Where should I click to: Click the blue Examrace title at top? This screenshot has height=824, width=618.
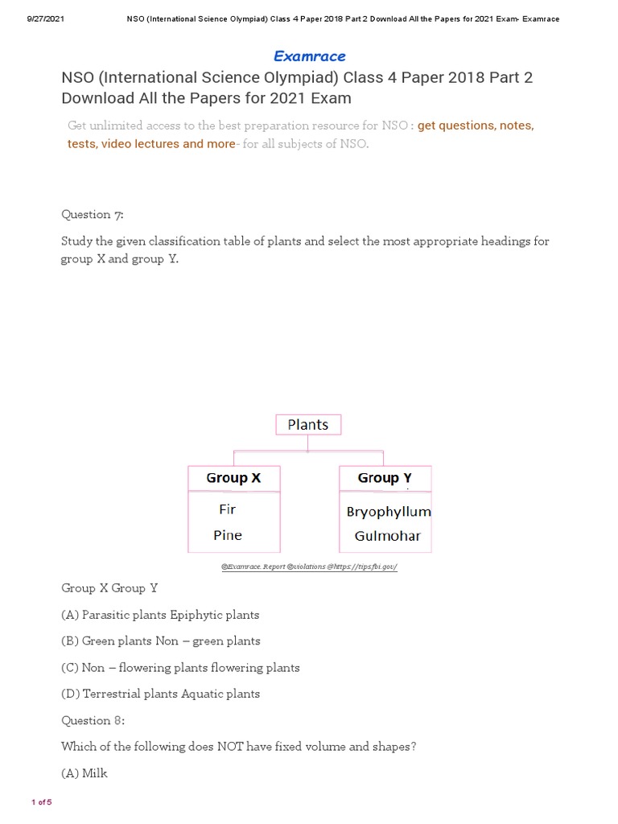[310, 56]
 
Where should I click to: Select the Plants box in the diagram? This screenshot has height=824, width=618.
[308, 425]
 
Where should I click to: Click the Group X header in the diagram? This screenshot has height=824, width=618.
[233, 478]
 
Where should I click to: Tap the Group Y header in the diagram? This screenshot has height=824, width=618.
[385, 478]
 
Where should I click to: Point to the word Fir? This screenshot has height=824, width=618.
[227, 509]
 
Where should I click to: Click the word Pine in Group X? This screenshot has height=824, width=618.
[228, 535]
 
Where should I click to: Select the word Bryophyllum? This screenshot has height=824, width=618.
[389, 512]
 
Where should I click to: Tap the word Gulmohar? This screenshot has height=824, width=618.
[387, 536]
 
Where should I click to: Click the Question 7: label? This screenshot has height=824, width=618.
[93, 214]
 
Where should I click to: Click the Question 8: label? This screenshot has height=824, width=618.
[93, 720]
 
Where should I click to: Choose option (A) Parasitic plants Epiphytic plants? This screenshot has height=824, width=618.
[160, 615]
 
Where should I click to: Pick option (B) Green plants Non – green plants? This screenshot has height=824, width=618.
[161, 641]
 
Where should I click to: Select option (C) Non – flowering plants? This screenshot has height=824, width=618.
[180, 668]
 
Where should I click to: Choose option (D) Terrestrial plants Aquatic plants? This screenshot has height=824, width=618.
[161, 694]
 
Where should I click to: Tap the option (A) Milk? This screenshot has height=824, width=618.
[84, 773]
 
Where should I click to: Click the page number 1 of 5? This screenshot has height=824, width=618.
[41, 802]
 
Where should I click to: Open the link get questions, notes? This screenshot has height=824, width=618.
[476, 126]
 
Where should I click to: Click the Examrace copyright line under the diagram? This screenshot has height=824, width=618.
[310, 567]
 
